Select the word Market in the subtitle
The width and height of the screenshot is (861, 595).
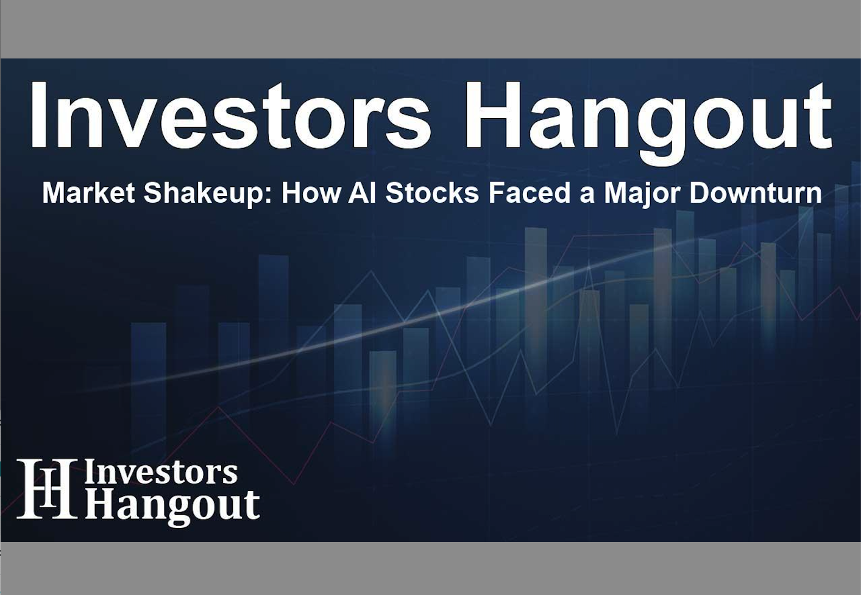[88, 193]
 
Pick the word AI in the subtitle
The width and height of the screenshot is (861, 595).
[363, 193]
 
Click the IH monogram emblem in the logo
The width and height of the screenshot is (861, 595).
[46, 489]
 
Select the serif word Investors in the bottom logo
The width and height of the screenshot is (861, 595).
[161, 473]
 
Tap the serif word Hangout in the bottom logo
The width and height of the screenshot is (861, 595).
[172, 505]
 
